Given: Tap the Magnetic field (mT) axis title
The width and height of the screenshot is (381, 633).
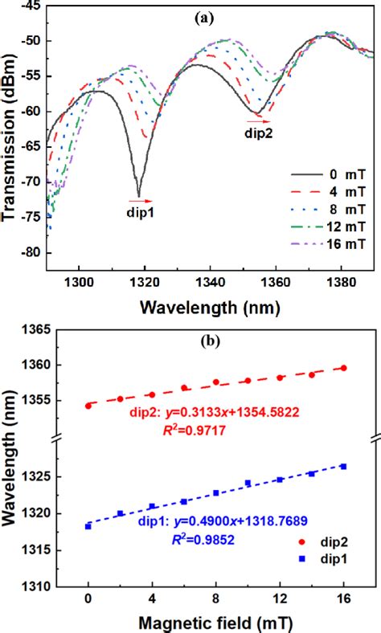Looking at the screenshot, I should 216,622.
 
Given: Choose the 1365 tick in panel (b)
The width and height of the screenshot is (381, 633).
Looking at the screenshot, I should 30,329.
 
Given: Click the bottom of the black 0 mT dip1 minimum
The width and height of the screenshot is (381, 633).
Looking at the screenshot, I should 139,196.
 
